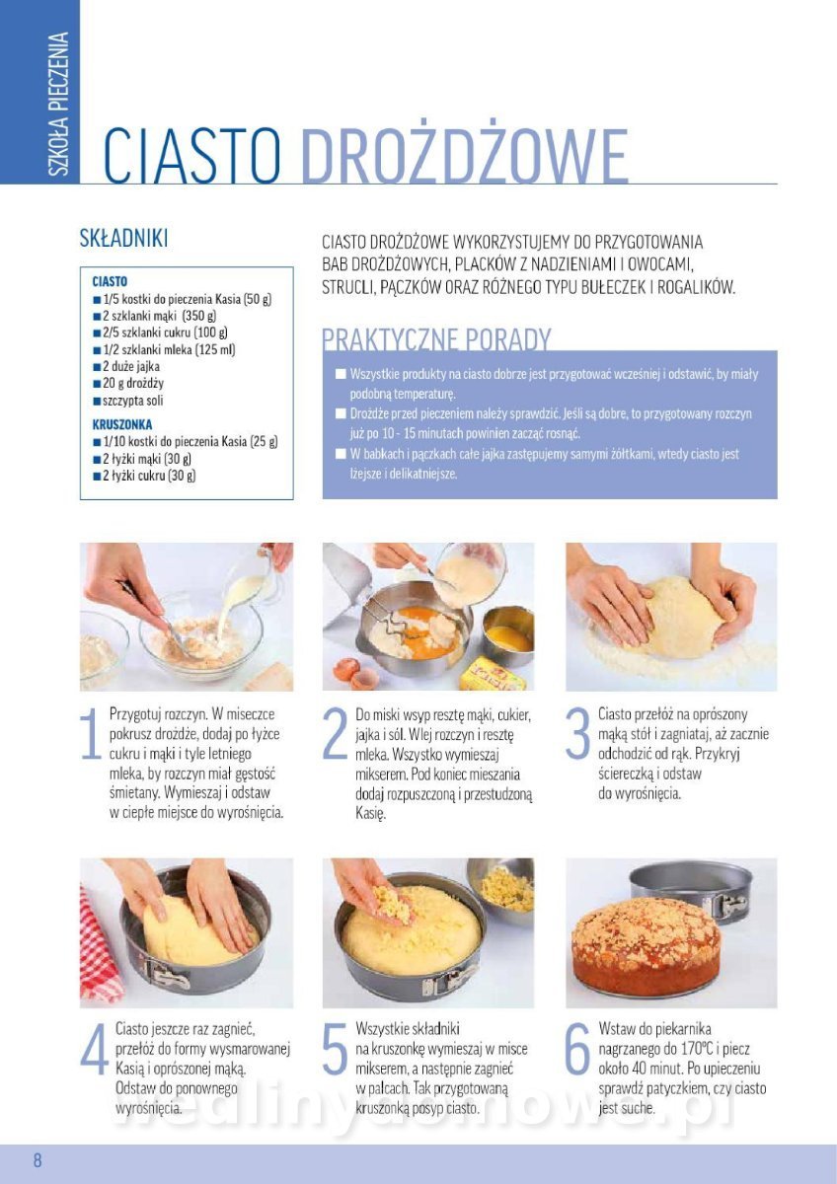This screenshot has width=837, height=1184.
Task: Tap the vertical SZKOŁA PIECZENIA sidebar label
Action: click(57, 104)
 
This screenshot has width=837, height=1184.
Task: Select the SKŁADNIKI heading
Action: click(123, 239)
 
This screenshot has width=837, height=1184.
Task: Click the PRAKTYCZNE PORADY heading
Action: click(436, 338)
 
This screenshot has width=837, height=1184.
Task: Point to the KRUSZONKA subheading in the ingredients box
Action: click(122, 424)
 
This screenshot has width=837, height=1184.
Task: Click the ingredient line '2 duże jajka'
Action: click(126, 366)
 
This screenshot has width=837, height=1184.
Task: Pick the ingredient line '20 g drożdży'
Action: click(128, 383)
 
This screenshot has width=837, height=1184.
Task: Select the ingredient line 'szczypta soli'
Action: click(128, 401)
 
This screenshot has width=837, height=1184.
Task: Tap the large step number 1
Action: click(91, 734)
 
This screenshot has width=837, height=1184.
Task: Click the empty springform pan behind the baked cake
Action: click(698, 893)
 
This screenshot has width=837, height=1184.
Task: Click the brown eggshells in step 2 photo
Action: click(355, 673)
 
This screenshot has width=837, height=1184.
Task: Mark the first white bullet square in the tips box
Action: click(341, 374)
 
